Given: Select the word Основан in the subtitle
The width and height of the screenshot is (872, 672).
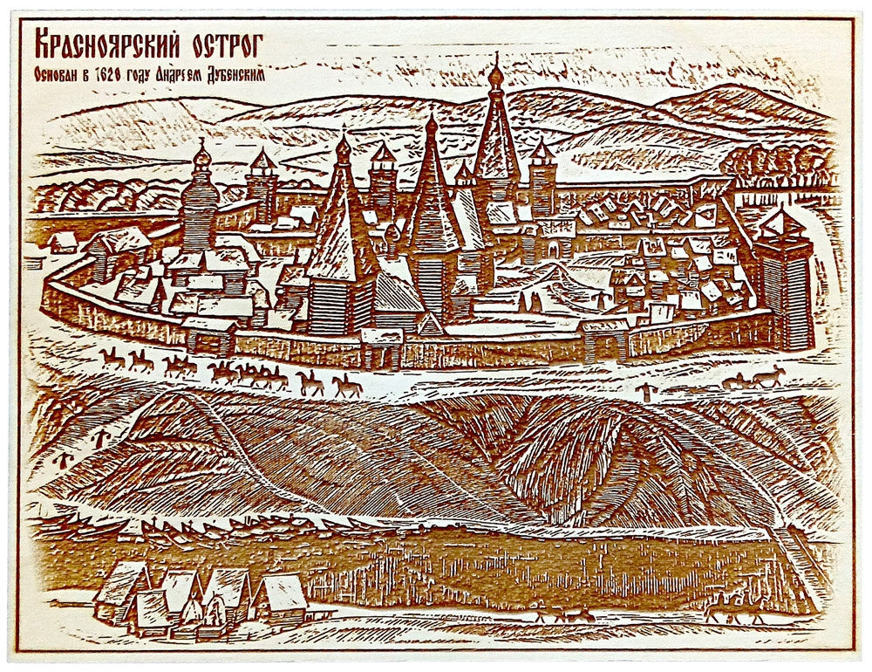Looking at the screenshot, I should (59, 75).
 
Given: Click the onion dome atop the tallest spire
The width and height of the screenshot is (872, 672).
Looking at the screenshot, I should (495, 74).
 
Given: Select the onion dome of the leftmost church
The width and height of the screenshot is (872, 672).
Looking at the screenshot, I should (202, 157).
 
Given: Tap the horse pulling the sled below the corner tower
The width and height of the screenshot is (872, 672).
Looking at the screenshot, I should (768, 377).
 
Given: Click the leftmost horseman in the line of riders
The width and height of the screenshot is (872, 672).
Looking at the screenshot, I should (112, 357).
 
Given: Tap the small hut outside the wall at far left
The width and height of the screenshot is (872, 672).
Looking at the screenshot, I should (62, 241).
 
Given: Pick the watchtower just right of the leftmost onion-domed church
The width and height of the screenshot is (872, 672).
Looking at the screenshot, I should (262, 183).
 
